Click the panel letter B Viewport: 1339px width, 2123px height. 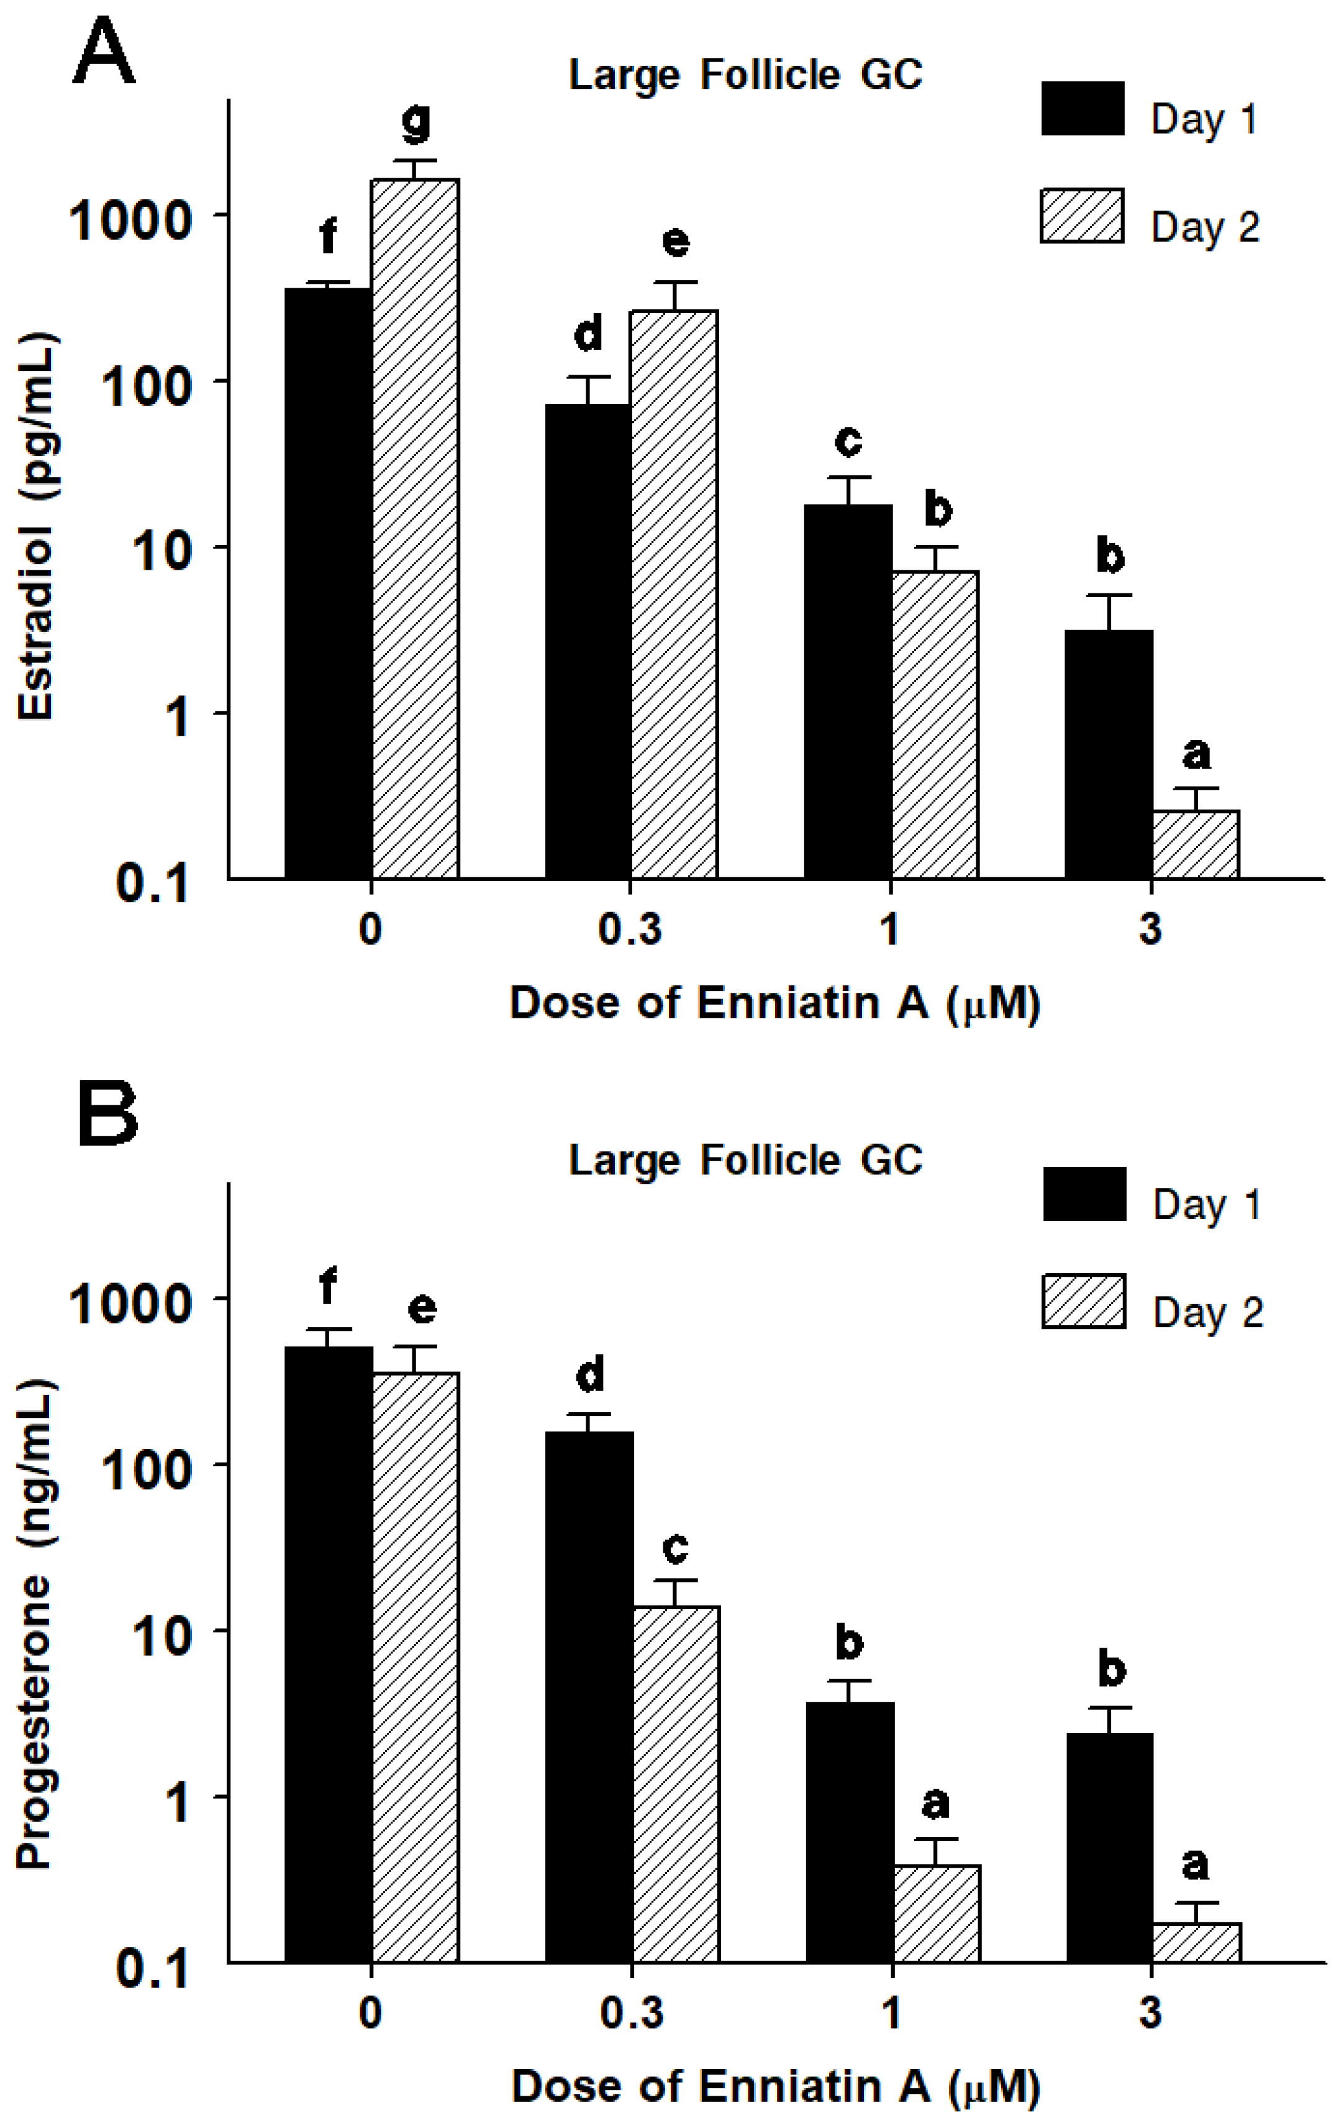tap(107, 1115)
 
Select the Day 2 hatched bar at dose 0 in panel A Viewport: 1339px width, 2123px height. tap(414, 529)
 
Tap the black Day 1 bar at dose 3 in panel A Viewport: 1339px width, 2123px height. tap(1108, 754)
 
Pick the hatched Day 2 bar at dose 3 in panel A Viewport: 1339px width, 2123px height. tap(1196, 844)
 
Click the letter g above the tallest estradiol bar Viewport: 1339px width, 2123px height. tap(416, 122)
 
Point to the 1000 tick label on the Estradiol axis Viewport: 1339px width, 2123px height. tap(130, 219)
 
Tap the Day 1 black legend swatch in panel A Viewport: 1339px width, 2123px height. tap(1083, 109)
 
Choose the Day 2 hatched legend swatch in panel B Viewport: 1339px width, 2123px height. tap(1083, 1301)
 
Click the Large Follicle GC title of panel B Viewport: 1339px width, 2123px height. tap(745, 1159)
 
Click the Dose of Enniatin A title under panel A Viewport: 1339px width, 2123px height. tap(774, 1003)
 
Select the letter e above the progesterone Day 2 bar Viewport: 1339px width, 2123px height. tap(421, 1308)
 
